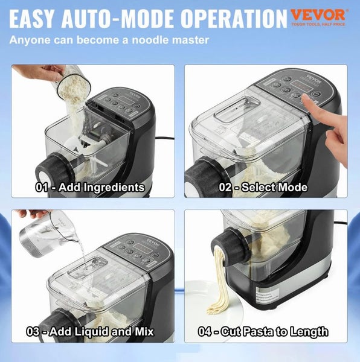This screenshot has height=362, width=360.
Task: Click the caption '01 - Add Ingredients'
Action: click(x=89, y=187)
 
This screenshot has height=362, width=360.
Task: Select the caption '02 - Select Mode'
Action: click(x=263, y=187)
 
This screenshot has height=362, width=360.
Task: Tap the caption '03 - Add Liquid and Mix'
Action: click(x=89, y=332)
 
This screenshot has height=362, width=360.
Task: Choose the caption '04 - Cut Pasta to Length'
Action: click(x=263, y=332)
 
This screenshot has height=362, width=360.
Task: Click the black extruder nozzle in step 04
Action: click(x=227, y=247)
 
